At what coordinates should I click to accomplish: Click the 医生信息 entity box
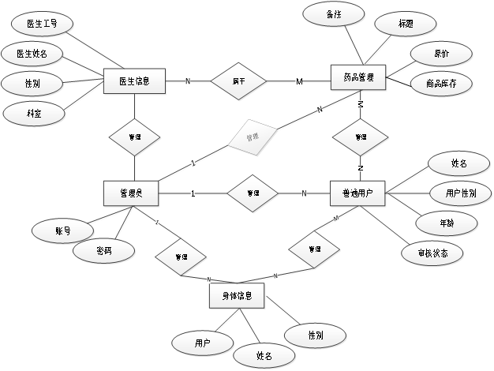coord(135,81)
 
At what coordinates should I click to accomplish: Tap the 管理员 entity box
coord(131,193)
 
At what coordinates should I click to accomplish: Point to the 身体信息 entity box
coord(238,296)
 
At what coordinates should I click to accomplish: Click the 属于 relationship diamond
coord(238,81)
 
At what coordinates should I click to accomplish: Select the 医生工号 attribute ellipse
coord(41,24)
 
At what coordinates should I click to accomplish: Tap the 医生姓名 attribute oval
coord(31,54)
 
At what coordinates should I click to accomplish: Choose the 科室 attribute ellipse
coord(33,114)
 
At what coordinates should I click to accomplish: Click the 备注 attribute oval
coord(334,15)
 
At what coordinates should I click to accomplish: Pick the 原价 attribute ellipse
coord(442,54)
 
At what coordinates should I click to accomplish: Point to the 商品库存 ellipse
coord(442,82)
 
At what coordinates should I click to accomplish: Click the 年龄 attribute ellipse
coord(446,223)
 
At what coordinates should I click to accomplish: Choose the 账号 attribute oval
coord(63,232)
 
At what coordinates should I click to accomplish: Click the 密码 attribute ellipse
coord(103,251)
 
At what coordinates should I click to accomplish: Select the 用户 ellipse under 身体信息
coord(202,343)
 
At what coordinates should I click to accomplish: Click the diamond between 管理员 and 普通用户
coord(253,193)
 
